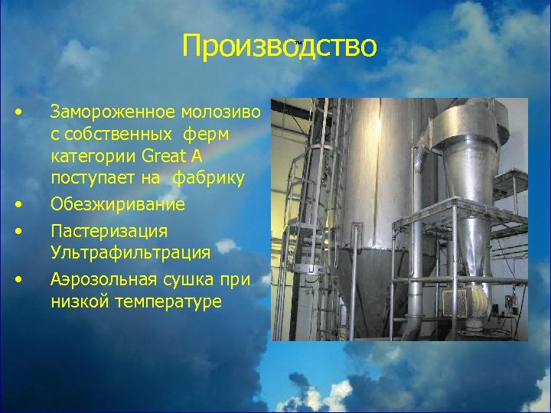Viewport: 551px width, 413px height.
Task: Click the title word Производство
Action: coord(279,46)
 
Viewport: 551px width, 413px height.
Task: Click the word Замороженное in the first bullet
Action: coord(113,112)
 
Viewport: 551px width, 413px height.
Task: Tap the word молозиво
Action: coord(222,112)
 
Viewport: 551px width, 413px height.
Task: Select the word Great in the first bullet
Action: coord(161,157)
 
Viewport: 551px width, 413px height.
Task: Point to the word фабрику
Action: coord(209,179)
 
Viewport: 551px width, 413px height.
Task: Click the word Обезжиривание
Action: coord(117,205)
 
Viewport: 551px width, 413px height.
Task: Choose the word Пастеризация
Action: coord(109,230)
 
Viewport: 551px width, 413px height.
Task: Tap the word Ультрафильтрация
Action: coord(129,252)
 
